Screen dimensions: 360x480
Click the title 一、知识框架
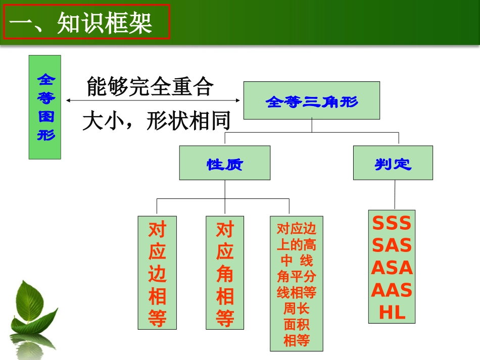click(x=86, y=22)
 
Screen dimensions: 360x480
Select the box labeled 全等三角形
click(x=311, y=100)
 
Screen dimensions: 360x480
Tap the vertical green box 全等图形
click(x=45, y=107)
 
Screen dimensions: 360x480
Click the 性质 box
click(x=224, y=163)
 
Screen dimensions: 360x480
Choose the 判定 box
click(x=393, y=163)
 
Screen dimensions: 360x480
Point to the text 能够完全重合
click(x=150, y=87)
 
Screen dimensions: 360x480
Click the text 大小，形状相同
click(x=156, y=121)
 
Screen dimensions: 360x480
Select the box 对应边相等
click(x=157, y=273)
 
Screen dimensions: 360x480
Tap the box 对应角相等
click(x=225, y=273)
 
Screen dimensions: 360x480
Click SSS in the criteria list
click(x=392, y=223)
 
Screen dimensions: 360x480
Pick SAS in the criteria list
click(x=392, y=245)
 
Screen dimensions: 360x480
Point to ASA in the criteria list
click(x=392, y=268)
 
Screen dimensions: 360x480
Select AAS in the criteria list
click(x=392, y=290)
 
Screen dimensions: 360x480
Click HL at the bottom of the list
click(x=392, y=313)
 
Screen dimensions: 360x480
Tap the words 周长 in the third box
click(x=296, y=308)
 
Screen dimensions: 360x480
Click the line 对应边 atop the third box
click(x=296, y=229)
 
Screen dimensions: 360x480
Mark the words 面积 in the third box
click(x=296, y=324)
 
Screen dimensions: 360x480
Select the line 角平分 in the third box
click(x=296, y=276)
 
